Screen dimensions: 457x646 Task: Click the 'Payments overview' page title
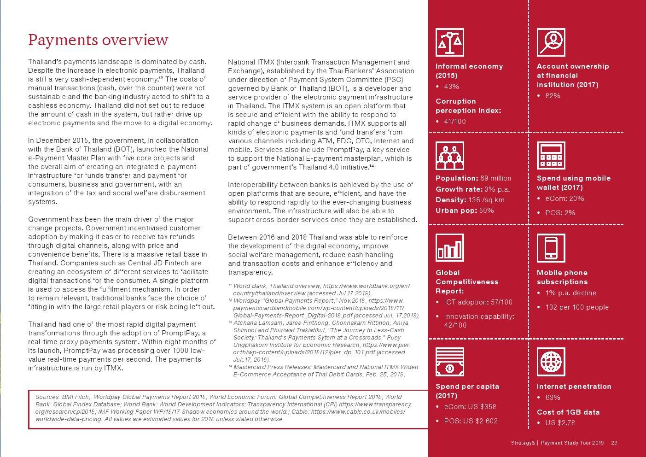click(x=98, y=40)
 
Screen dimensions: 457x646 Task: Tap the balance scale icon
click(x=449, y=42)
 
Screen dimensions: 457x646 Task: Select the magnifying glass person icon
click(x=551, y=42)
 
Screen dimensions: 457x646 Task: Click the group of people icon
click(x=449, y=155)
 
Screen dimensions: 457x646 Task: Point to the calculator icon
click(x=551, y=155)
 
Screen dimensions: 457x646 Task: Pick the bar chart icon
click(x=449, y=248)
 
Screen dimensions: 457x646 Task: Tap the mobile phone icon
click(x=551, y=248)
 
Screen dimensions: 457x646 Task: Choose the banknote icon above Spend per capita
click(x=449, y=362)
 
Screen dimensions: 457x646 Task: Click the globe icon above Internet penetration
click(x=551, y=362)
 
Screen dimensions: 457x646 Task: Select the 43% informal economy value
click(x=451, y=87)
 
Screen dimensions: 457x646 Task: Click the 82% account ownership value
click(x=553, y=96)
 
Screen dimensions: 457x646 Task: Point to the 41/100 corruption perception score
click(x=454, y=122)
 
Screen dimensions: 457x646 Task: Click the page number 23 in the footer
click(x=614, y=443)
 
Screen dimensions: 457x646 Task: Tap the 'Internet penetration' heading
click(x=574, y=387)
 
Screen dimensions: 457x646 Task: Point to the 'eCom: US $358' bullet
click(x=470, y=407)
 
